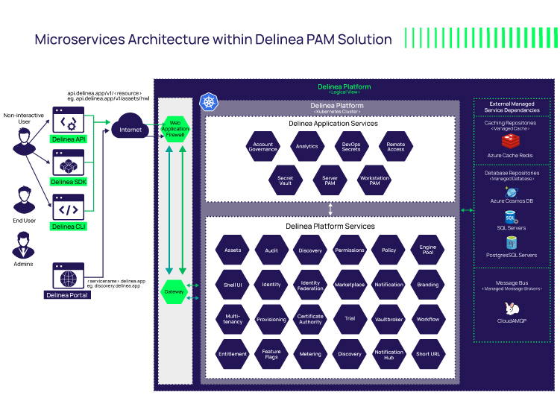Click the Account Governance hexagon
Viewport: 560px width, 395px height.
click(263, 147)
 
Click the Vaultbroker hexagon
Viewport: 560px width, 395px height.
click(388, 319)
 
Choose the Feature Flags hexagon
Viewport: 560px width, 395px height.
click(271, 354)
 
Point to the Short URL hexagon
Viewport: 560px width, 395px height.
click(428, 354)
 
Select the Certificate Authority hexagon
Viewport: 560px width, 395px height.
click(310, 319)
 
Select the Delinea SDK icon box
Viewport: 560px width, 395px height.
click(68, 164)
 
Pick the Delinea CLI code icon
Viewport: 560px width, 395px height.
click(68, 209)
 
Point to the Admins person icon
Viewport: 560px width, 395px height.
click(24, 243)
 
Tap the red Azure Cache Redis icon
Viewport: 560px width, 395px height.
click(511, 140)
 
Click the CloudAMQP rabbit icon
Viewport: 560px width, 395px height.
click(512, 309)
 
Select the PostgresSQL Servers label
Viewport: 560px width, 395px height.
click(512, 256)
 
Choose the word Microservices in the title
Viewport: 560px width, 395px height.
click(81, 39)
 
